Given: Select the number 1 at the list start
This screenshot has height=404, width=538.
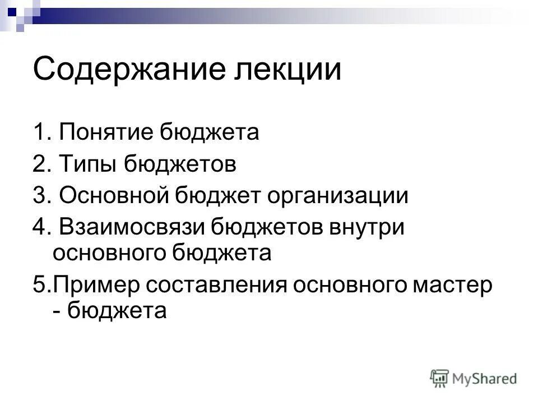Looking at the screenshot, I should point(38,134).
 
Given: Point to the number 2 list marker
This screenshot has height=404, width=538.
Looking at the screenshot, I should point(39,165).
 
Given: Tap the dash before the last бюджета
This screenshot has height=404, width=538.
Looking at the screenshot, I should point(57,310).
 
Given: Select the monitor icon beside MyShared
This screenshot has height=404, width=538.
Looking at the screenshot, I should point(440,378).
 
